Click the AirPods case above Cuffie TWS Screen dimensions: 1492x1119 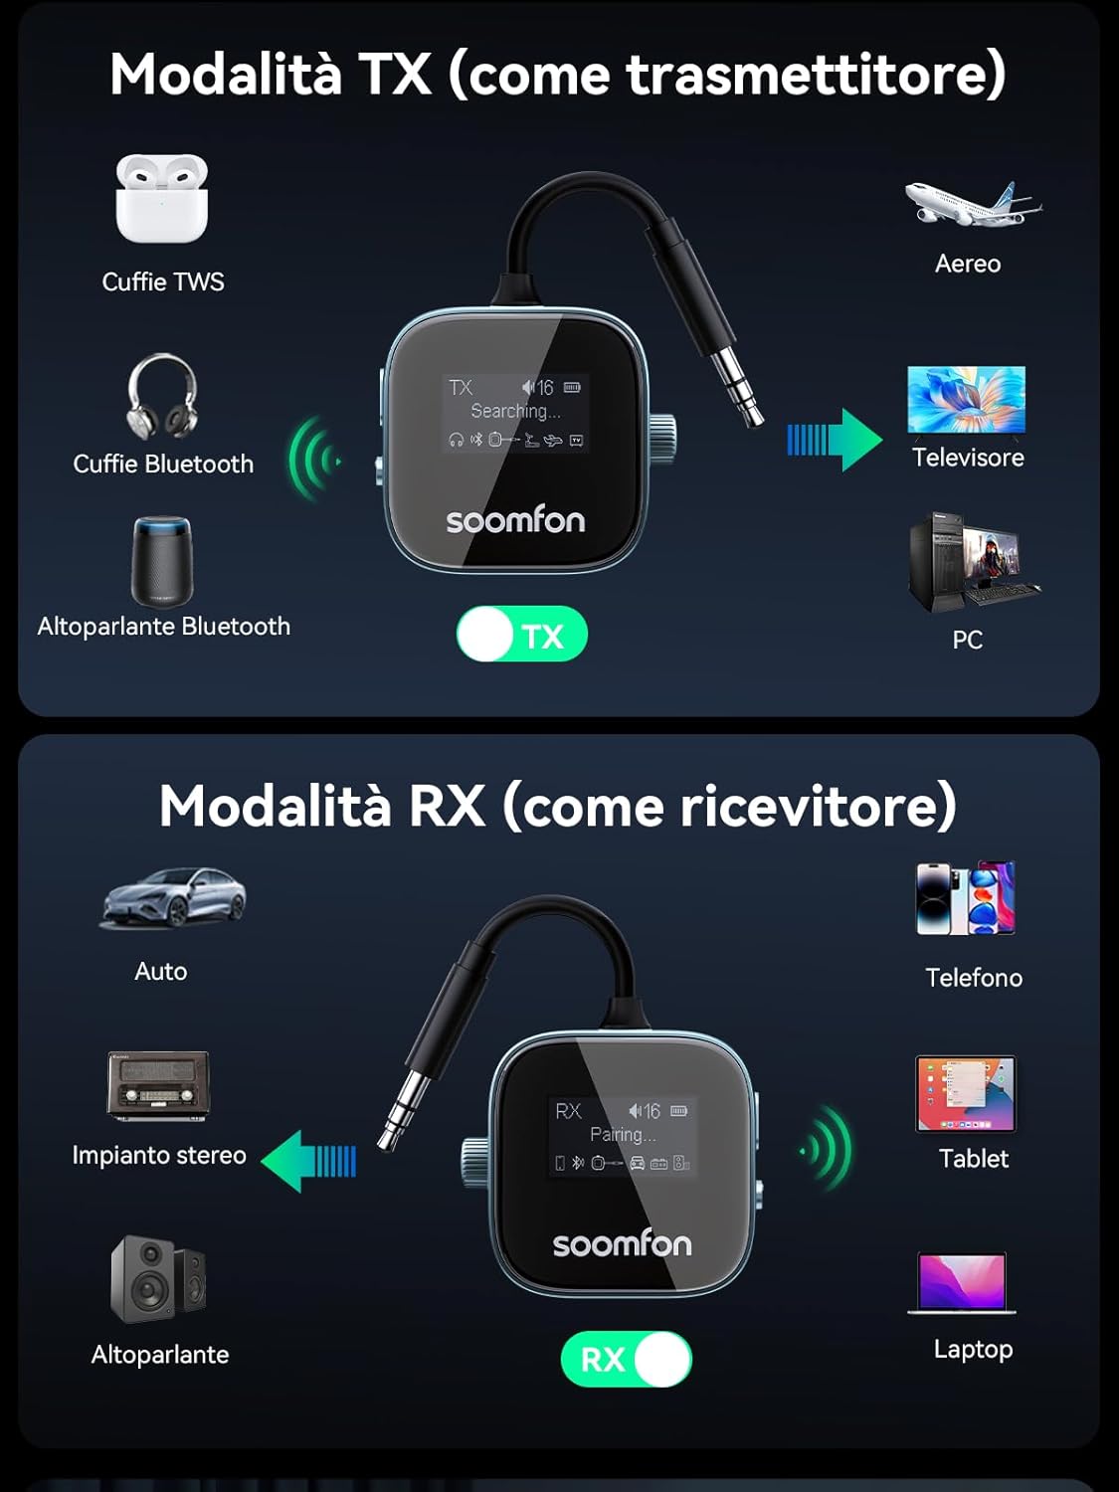pos(161,198)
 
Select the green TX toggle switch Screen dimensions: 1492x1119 pos(522,635)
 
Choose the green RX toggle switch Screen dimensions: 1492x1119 pos(626,1359)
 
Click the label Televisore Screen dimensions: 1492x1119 pos(968,458)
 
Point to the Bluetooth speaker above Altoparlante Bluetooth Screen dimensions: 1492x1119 pos(162,561)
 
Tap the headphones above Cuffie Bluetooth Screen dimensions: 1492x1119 pos(162,396)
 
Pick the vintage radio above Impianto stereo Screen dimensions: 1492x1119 pos(158,1085)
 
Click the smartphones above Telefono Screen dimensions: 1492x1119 pos(965,897)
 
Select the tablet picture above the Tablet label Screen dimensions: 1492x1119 pos(965,1094)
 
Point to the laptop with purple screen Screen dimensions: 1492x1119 pos(962,1283)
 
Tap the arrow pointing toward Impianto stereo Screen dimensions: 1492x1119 pos(308,1161)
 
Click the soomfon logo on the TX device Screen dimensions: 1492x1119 pos(515,520)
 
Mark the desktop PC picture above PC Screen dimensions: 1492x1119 pos(970,561)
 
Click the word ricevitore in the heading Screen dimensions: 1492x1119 pos(818,806)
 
